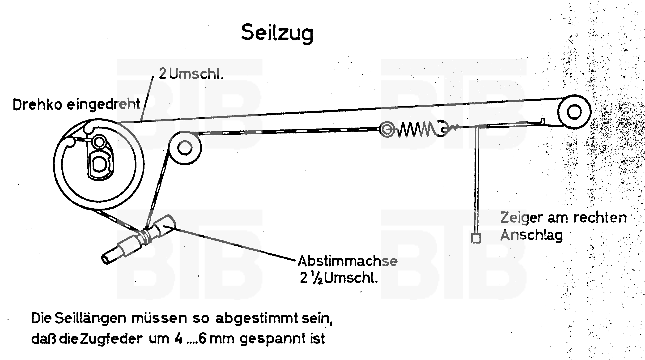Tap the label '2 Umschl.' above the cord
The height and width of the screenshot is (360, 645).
(x=191, y=74)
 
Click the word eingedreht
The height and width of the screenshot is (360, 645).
(x=103, y=105)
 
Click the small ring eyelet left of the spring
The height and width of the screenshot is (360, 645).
(x=387, y=129)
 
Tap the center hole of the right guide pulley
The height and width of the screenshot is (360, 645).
(x=574, y=112)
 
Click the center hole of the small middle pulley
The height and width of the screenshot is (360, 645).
(x=185, y=148)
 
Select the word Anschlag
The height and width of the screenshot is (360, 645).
(x=532, y=236)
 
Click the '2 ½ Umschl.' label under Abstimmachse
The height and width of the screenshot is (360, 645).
(x=339, y=278)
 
